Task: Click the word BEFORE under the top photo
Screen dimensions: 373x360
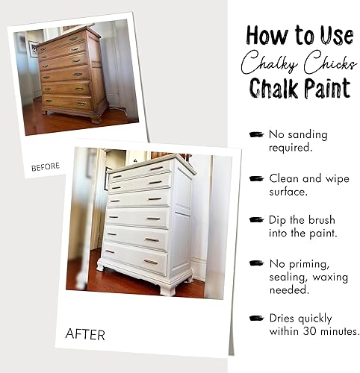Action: pyautogui.click(x=46, y=167)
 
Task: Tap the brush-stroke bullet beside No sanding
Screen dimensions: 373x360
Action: pyautogui.click(x=256, y=135)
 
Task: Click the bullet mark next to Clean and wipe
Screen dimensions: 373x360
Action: pyautogui.click(x=256, y=179)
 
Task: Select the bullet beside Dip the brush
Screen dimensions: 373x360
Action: pyautogui.click(x=256, y=220)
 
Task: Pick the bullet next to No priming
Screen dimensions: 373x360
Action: pyautogui.click(x=256, y=263)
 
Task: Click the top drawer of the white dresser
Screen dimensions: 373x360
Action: pyautogui.click(x=142, y=172)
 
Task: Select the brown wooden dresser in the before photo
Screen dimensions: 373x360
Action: pyautogui.click(x=72, y=75)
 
